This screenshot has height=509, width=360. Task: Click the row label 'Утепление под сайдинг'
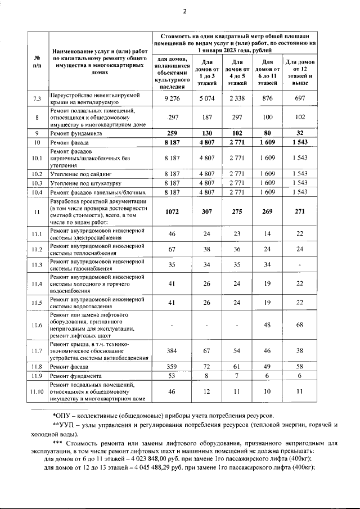81,174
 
